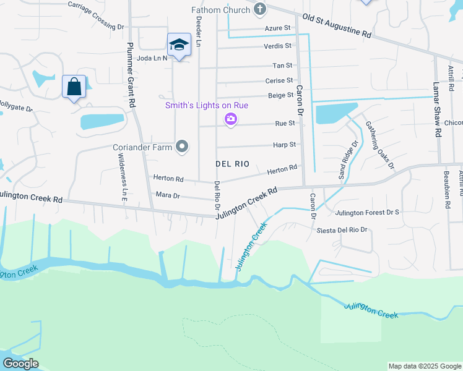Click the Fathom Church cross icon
pyautogui.click(x=260, y=10)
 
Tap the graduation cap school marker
pyautogui.click(x=178, y=45)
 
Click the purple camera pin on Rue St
pyautogui.click(x=230, y=119)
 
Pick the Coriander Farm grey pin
pyautogui.click(x=182, y=147)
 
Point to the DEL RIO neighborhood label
pyautogui.click(x=232, y=164)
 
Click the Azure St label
pyautogui.click(x=277, y=28)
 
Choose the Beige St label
pyautogui.click(x=280, y=95)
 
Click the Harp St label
pyautogui.click(x=285, y=144)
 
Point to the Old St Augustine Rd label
pyautogui.click(x=337, y=26)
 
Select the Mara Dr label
pyautogui.click(x=168, y=195)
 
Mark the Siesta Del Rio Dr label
pyautogui.click(x=342, y=230)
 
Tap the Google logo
pyautogui.click(x=20, y=364)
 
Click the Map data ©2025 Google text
pyautogui.click(x=425, y=366)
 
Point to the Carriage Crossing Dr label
pyautogui.click(x=95, y=15)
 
